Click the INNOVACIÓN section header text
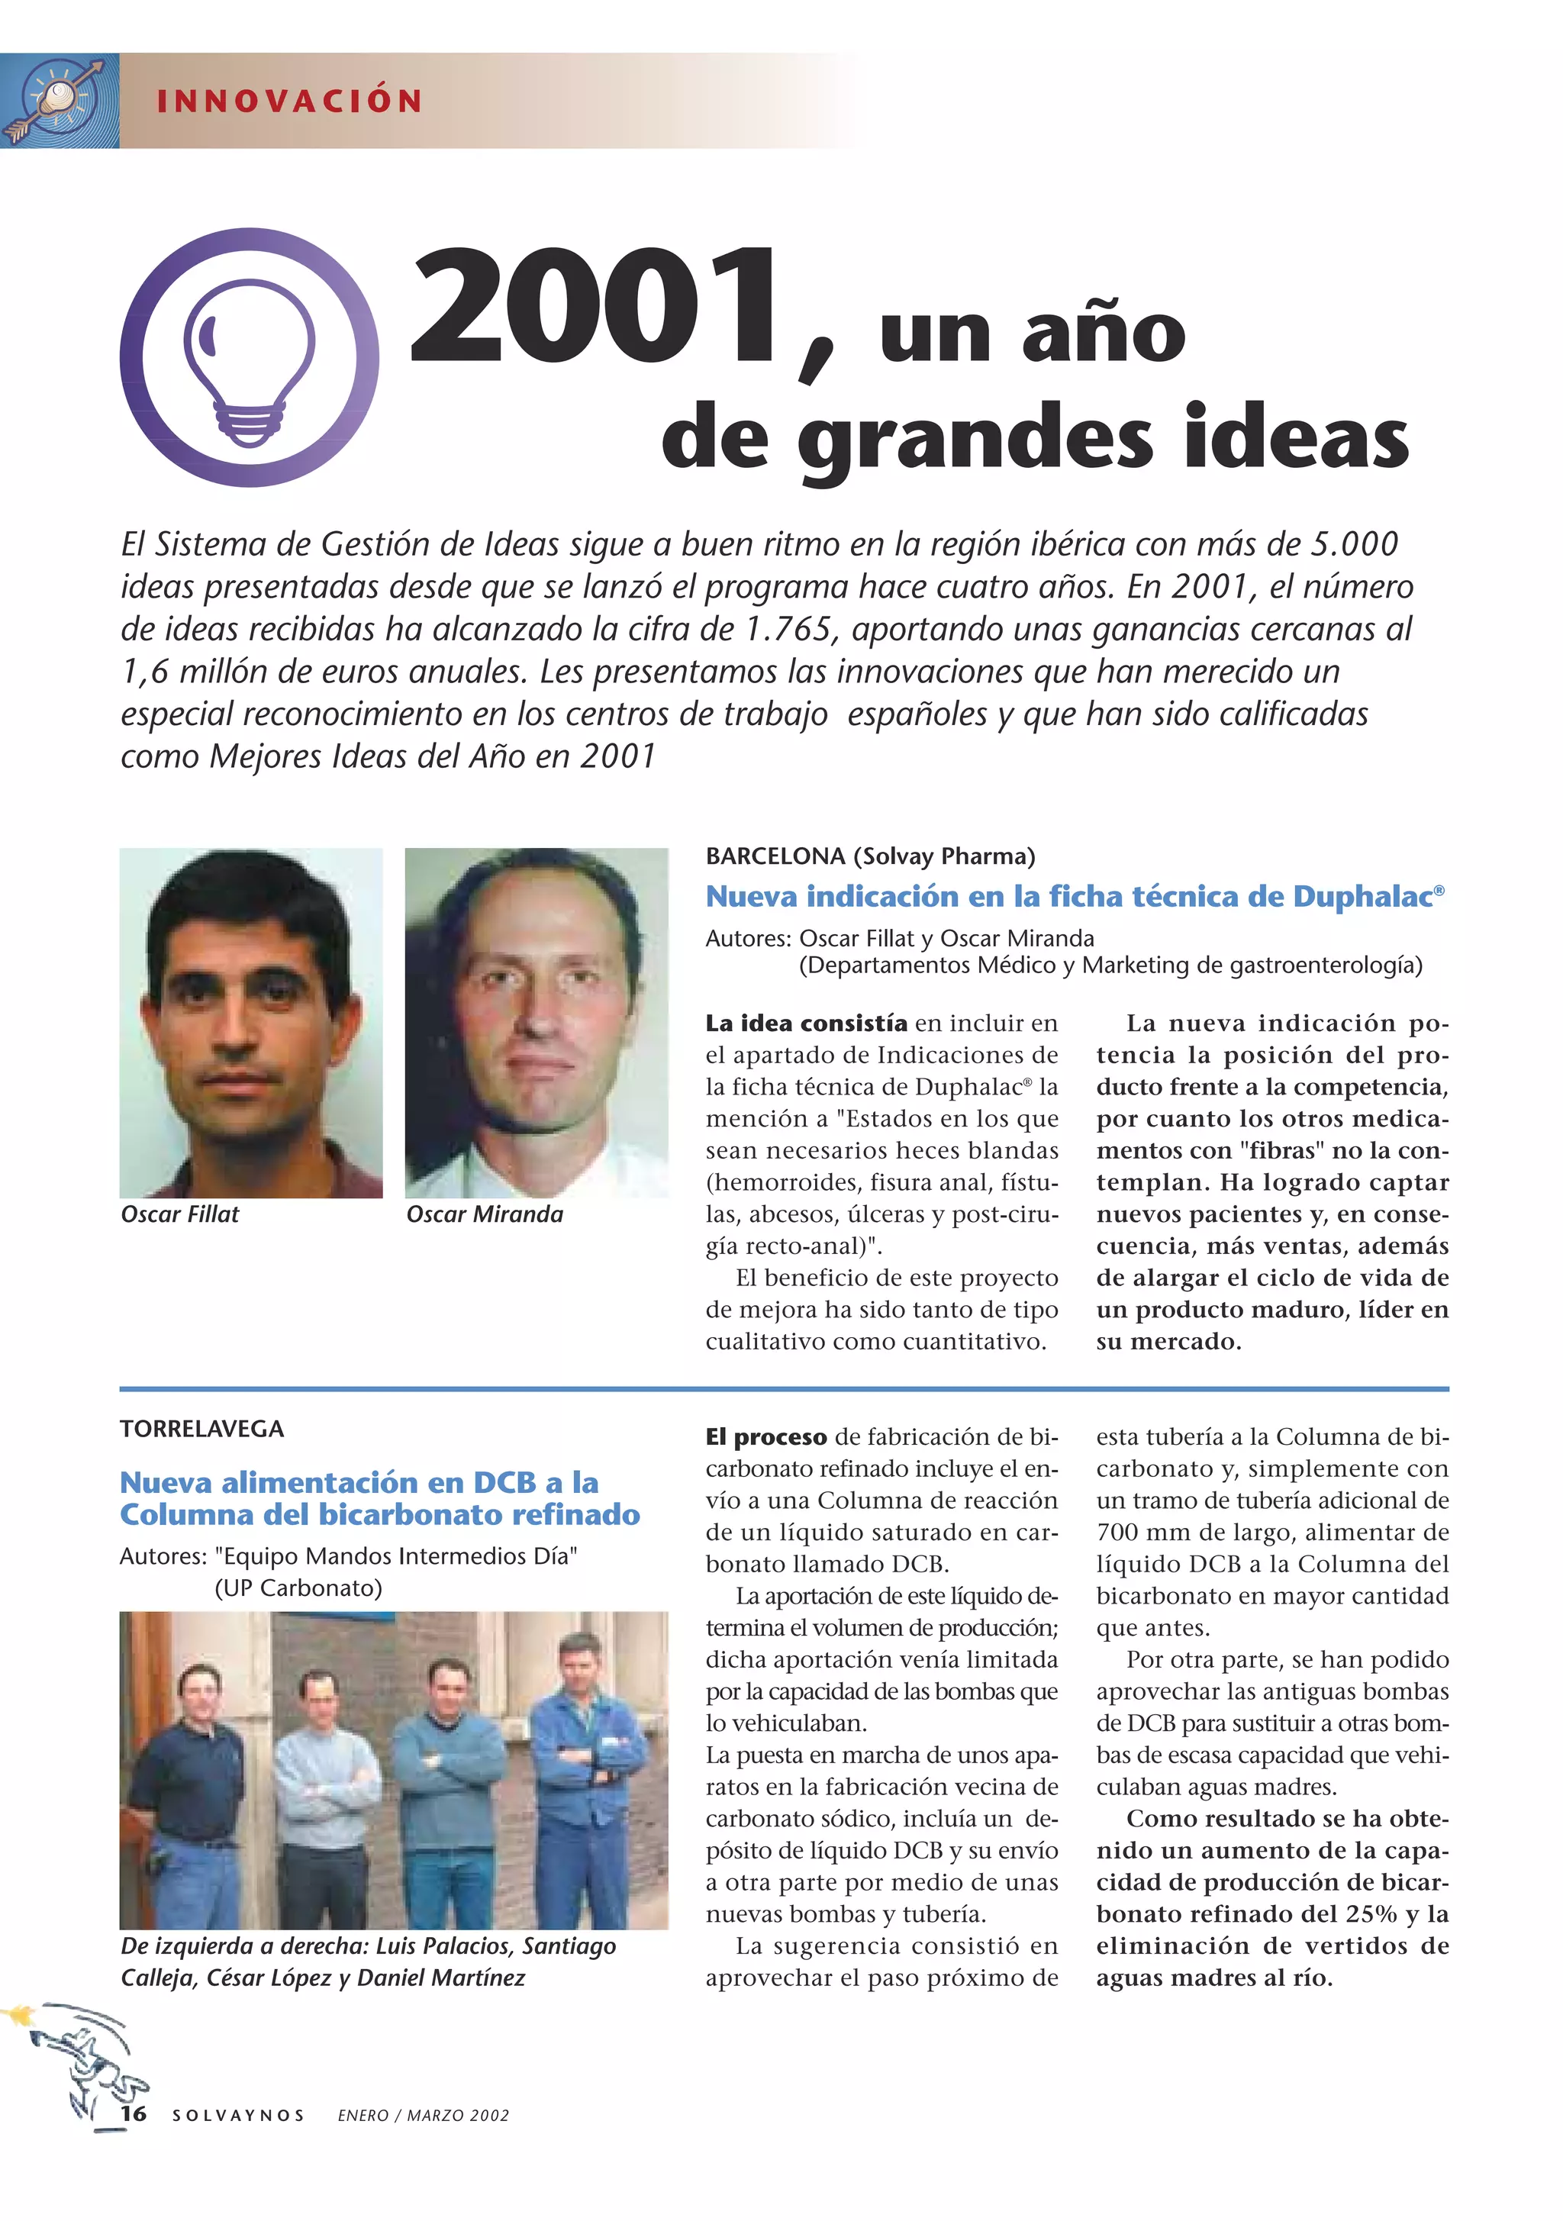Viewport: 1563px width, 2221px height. pos(289,102)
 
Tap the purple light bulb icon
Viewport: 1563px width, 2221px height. pos(250,358)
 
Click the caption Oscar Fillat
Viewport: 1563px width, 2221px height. pos(180,1214)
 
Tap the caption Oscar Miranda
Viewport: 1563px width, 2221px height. pos(485,1214)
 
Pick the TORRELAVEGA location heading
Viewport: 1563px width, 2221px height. pos(202,1429)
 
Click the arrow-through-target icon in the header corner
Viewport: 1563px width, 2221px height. pos(59,102)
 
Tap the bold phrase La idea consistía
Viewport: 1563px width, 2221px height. pos(807,1023)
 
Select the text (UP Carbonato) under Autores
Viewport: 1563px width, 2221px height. pos(298,1588)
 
